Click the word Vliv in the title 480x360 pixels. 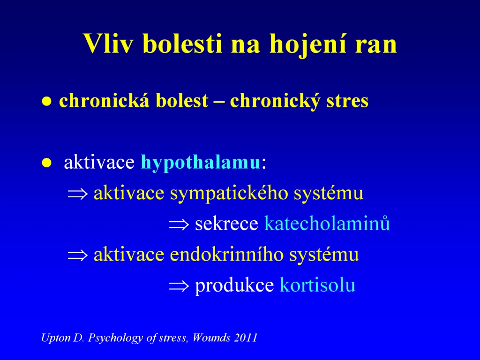(108, 44)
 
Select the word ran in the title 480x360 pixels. (376, 46)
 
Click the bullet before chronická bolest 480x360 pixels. (46, 101)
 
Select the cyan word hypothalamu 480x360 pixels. (200, 163)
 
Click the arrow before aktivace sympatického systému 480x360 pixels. (78, 194)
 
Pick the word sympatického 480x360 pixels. (229, 194)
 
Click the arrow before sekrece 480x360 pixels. (179, 225)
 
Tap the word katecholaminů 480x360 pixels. (327, 223)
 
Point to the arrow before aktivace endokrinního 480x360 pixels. (78, 255)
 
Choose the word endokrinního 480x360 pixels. (226, 254)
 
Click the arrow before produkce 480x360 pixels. (179, 286)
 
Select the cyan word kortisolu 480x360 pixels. (317, 285)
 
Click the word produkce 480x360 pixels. (234, 285)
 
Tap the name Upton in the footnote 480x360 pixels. (56, 338)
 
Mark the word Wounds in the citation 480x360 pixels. (211, 337)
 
